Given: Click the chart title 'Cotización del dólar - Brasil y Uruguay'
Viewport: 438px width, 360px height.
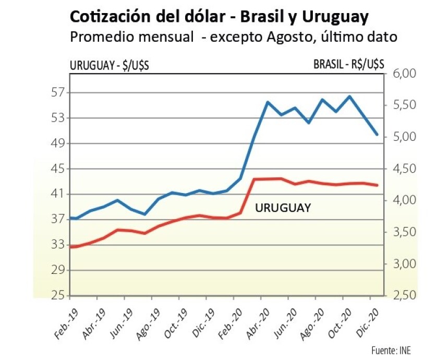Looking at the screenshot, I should tap(219, 17).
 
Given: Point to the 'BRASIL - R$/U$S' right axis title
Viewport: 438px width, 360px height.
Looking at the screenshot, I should tap(349, 64).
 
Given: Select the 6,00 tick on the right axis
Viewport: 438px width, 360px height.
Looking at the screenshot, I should tap(400, 74).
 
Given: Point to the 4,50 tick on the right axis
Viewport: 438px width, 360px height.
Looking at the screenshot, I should tap(400, 169).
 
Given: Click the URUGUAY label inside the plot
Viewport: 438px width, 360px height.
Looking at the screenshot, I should tap(283, 208).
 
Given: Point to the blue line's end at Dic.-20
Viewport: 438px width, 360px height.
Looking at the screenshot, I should tap(377, 135).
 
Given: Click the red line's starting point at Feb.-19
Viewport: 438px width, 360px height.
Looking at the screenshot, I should tap(71, 246).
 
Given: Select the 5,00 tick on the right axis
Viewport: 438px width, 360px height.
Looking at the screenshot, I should tap(400, 137).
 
